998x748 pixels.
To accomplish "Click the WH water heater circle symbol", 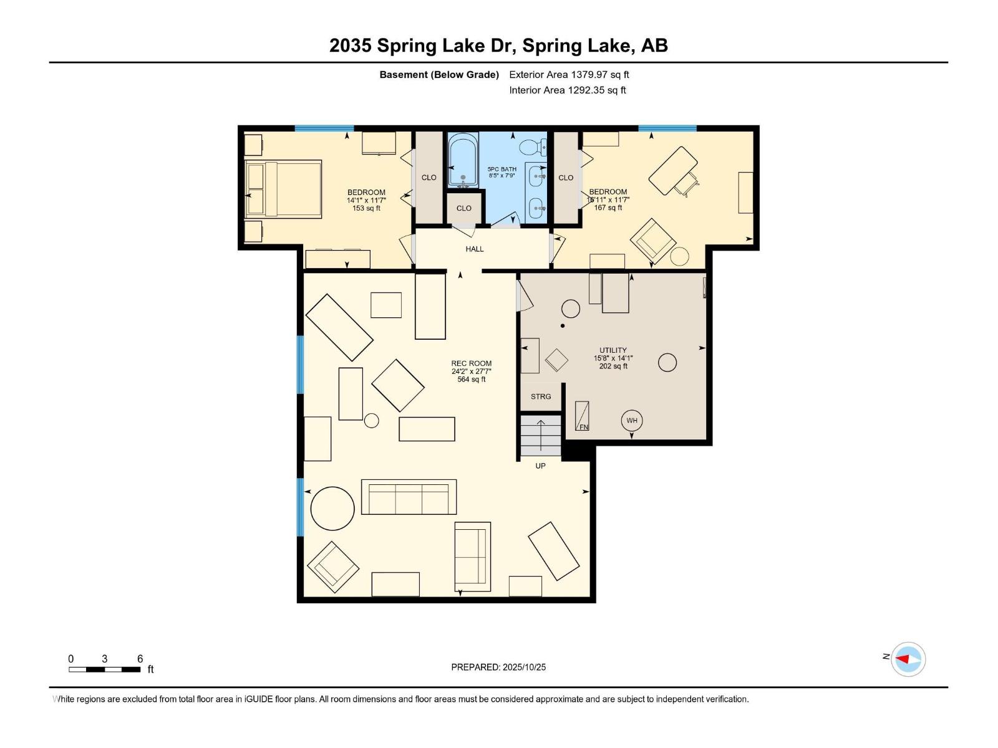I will point(632,421).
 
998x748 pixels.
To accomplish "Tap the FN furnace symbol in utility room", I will point(582,416).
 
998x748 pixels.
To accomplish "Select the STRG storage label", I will point(541,396).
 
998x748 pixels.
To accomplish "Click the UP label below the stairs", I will point(540,466).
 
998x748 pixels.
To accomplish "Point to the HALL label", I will point(475,249).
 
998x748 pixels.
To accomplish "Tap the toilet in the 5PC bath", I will point(531,147).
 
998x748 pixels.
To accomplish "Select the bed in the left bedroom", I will point(284,189).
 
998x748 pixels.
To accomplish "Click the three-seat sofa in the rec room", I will point(409,497).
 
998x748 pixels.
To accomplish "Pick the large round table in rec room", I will point(333,508).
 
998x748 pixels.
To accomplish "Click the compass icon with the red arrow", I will point(908,659).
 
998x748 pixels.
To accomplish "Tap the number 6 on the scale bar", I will point(140,659).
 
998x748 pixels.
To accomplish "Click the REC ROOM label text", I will point(472,363).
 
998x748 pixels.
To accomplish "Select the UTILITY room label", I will point(613,350).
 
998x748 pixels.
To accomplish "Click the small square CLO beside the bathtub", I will point(464,208).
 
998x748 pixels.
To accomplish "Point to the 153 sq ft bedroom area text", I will point(366,208).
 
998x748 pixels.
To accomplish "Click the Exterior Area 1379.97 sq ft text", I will point(569,75).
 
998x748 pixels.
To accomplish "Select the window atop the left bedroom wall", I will point(324,128).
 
